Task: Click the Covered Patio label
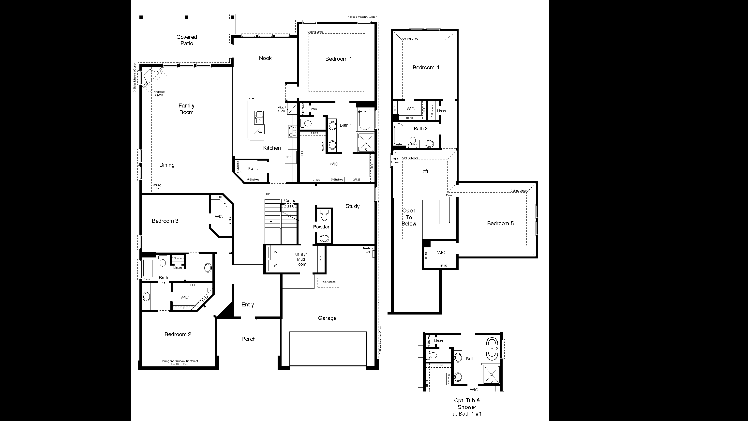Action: [187, 40]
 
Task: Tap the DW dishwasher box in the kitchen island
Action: [260, 132]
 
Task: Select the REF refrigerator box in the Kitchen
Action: [289, 157]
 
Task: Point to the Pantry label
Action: [253, 169]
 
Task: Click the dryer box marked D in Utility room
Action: [275, 252]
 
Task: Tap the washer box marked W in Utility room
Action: [275, 265]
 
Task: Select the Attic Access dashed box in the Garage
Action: [328, 282]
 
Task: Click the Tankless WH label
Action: [368, 250]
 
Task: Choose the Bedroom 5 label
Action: [500, 223]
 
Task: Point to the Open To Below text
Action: [409, 217]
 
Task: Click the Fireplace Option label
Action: [159, 93]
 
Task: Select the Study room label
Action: [353, 206]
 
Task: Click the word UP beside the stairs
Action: [268, 194]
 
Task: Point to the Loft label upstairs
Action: [424, 172]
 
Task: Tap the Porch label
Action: [248, 339]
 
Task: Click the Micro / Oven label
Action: [281, 109]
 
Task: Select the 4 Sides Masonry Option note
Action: [362, 17]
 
